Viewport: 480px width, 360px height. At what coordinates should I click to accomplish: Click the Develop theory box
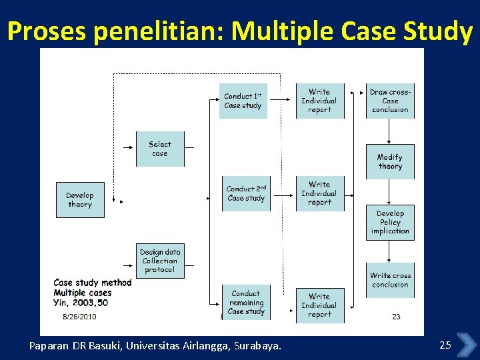(80, 199)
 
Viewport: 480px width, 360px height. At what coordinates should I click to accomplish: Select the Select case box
(160, 149)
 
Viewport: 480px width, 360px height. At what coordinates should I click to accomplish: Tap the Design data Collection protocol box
(160, 261)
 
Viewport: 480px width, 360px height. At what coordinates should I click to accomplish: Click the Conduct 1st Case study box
(243, 101)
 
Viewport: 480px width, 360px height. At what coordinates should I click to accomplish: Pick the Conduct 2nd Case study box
(246, 193)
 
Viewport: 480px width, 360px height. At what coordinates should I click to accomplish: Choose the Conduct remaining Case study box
(246, 302)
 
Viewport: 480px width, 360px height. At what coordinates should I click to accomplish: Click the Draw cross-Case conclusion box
(390, 101)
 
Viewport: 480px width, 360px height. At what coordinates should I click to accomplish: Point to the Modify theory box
(390, 161)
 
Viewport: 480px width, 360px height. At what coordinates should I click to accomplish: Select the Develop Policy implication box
(390, 222)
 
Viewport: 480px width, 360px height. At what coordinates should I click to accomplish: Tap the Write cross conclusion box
(391, 280)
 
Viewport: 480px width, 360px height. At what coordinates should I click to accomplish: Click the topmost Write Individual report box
(319, 101)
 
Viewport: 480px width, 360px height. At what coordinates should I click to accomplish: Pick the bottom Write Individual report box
(319, 305)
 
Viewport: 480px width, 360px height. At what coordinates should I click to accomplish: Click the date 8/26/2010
(79, 317)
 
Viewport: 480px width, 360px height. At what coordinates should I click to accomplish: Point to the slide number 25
(445, 345)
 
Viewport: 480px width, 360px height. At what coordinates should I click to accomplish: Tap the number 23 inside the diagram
(396, 317)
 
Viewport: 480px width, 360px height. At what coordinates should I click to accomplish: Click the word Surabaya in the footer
(257, 345)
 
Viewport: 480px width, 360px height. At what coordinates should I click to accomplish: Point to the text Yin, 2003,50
(81, 302)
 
